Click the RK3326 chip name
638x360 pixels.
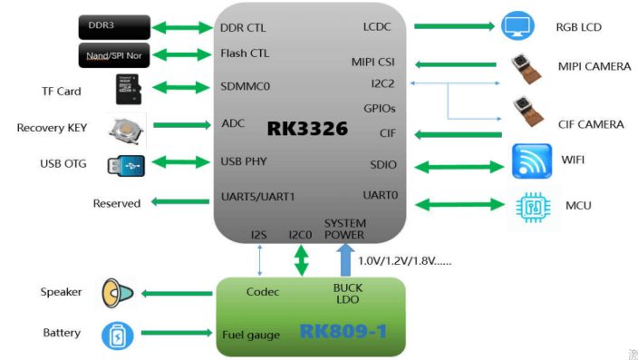click(x=307, y=129)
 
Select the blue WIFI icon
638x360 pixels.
click(x=532, y=161)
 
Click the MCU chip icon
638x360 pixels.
click(x=533, y=205)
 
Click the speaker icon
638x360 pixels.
click(x=117, y=292)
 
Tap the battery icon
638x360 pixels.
click(x=115, y=334)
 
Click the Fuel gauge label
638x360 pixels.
click(x=252, y=336)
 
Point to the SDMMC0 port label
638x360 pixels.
click(x=246, y=87)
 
